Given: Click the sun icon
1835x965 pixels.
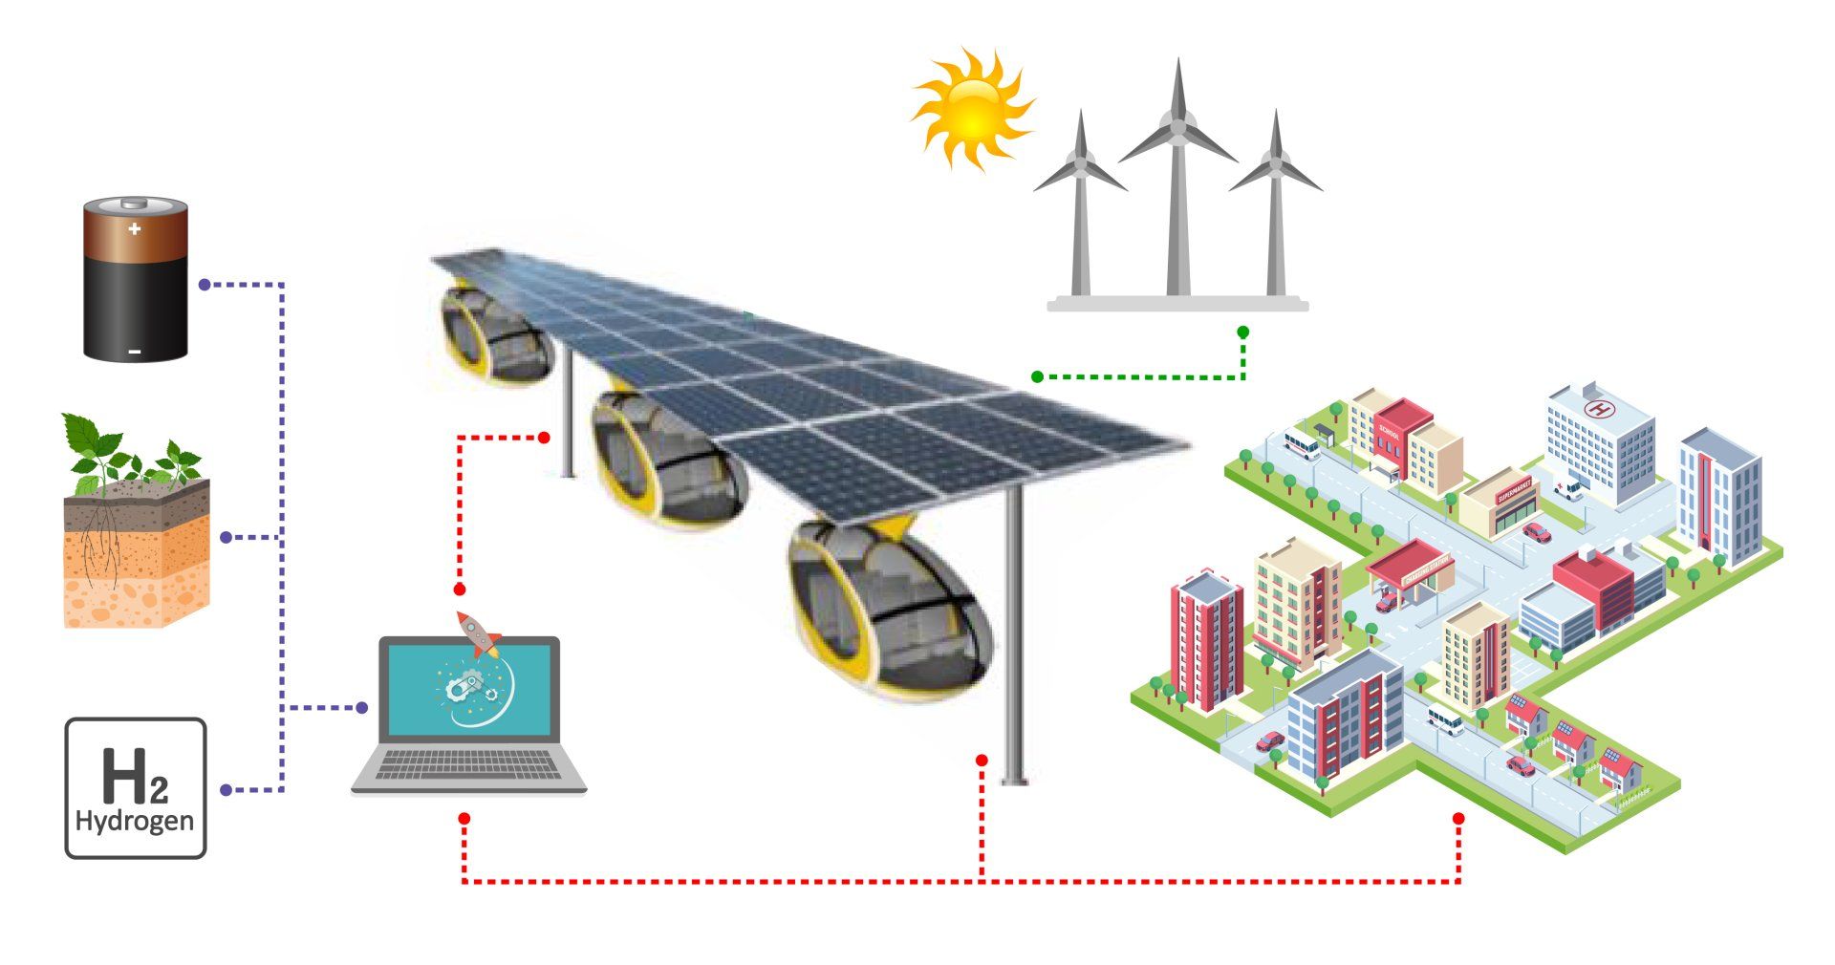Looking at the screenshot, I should [972, 109].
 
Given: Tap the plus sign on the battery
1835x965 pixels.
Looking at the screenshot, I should [135, 229].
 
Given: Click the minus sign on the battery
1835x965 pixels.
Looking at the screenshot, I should [135, 352].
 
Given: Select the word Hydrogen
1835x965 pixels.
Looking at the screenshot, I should [135, 821].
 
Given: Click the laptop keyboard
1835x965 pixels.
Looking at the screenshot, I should [468, 764].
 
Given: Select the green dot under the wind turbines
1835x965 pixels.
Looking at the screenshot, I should [1242, 332].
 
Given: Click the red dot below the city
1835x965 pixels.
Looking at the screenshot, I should [1458, 819].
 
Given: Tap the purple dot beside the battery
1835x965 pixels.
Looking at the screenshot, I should [204, 285].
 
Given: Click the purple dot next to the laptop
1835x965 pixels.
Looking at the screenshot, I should [362, 708].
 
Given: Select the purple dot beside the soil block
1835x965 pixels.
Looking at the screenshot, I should [226, 538].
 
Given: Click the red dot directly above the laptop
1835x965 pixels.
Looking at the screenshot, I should [460, 590].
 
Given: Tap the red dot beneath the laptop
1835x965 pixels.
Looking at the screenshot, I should [464, 819].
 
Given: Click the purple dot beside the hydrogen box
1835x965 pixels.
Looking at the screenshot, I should [226, 790].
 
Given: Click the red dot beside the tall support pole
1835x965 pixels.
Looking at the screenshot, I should [981, 760].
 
